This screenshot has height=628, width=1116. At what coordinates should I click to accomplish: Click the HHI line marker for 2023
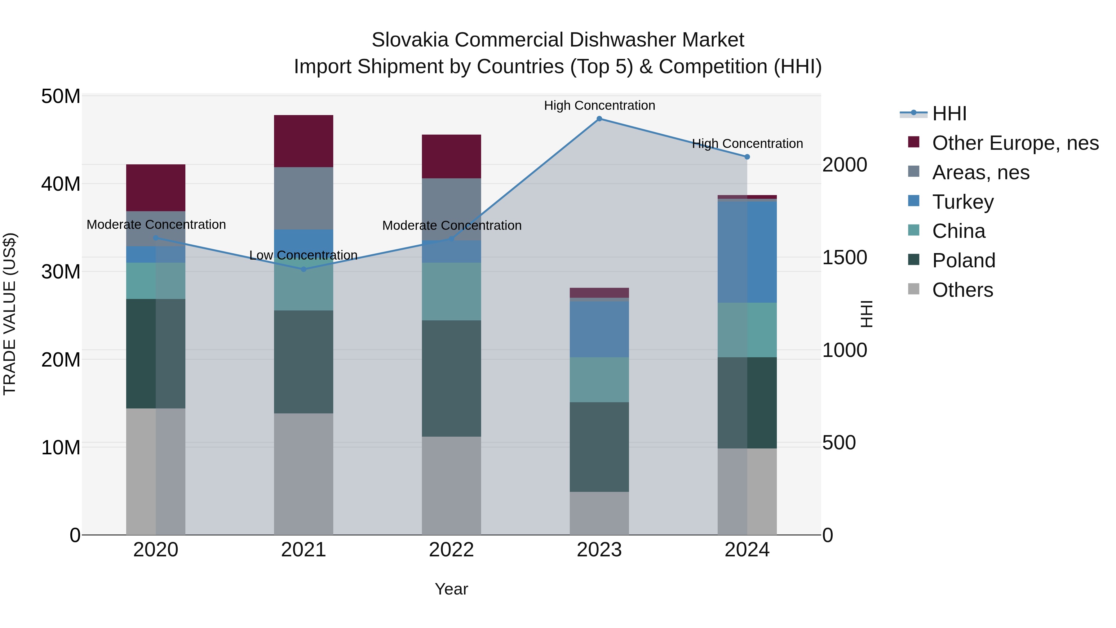[x=599, y=119]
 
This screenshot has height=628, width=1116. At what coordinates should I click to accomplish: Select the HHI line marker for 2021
[x=304, y=269]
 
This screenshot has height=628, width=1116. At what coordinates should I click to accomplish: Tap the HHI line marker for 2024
[x=747, y=157]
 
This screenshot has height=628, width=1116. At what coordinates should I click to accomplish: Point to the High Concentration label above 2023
[x=599, y=106]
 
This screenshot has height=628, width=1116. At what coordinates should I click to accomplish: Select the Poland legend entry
[x=963, y=261]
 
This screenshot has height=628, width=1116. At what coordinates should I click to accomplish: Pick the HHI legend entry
[x=949, y=114]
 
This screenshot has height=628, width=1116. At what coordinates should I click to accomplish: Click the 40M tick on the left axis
[x=61, y=184]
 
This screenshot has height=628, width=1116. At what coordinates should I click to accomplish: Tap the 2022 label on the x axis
[x=451, y=550]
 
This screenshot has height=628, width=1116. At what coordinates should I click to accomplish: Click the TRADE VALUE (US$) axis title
[x=10, y=314]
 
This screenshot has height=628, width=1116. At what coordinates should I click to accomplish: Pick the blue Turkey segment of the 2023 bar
[x=599, y=329]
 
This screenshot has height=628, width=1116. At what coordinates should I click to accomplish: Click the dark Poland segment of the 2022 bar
[x=451, y=378]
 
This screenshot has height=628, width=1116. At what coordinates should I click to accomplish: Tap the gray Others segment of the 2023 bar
[x=599, y=513]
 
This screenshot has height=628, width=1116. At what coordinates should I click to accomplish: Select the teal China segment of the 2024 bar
[x=747, y=330]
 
